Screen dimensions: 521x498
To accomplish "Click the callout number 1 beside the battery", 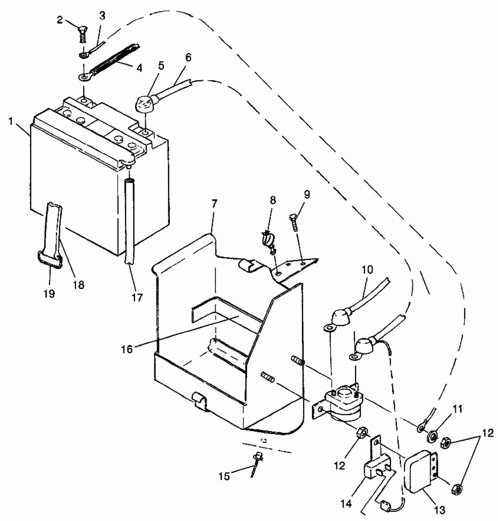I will point(11,121).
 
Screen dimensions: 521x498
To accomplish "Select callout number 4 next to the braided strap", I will point(139,68).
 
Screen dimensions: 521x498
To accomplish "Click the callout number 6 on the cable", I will point(188,58).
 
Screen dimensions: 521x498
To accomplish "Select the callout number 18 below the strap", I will point(79,284).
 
